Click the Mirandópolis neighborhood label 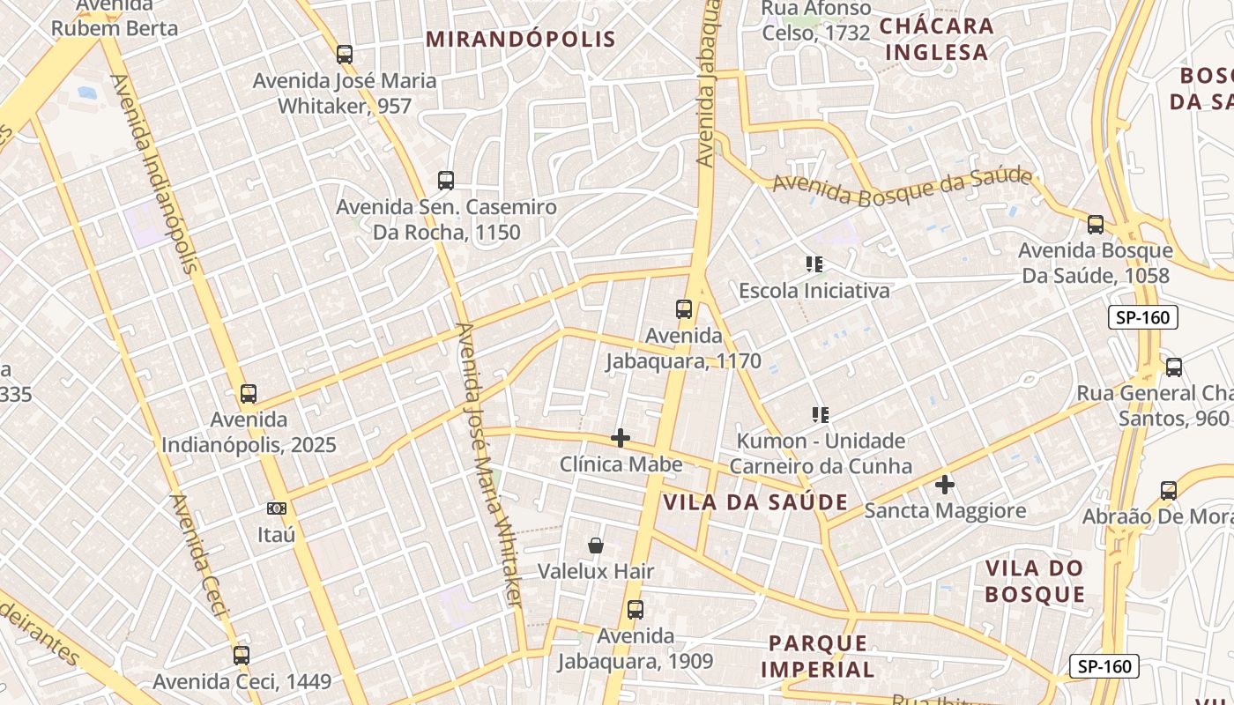[x=520, y=40]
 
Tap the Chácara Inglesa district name [x=936, y=39]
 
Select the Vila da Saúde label [x=755, y=502]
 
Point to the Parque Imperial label [x=819, y=656]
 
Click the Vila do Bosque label [x=1035, y=581]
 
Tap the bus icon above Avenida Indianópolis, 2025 [x=249, y=394]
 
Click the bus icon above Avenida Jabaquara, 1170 [x=684, y=309]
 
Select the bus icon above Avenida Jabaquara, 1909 [x=635, y=609]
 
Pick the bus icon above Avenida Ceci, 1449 [x=242, y=655]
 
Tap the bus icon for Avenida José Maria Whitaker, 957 [x=345, y=54]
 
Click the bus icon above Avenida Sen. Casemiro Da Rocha [x=446, y=181]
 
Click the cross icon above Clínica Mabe [x=621, y=438]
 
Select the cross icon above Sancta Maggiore [x=945, y=484]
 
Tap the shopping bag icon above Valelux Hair [x=596, y=545]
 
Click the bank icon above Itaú [x=277, y=508]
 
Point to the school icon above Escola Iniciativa [x=814, y=263]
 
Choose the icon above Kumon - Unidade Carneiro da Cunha [x=821, y=414]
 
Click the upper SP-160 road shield [x=1142, y=317]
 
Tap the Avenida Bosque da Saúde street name [x=902, y=186]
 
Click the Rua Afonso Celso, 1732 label [x=815, y=21]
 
